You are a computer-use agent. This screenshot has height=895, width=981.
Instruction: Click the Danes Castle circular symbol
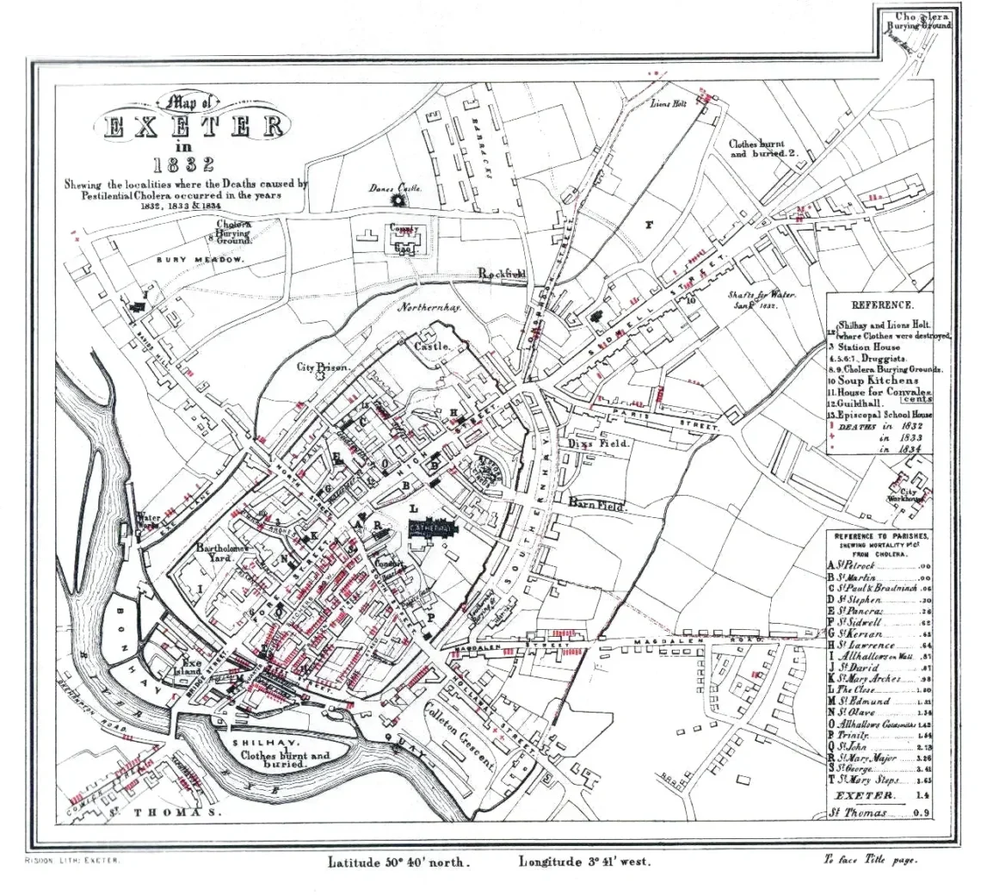pos(398,200)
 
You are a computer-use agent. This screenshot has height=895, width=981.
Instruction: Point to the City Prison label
pos(324,367)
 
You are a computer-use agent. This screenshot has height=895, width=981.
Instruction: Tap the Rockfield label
pos(502,274)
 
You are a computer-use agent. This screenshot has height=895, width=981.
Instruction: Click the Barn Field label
pos(599,505)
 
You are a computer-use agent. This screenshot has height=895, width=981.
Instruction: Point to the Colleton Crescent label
pos(459,737)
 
